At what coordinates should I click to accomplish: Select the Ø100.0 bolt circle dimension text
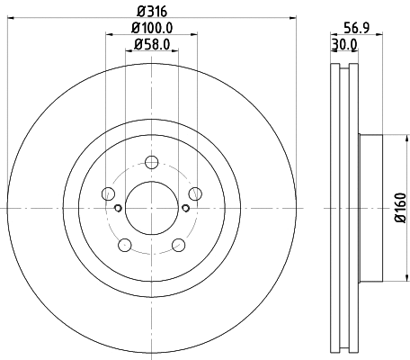pos(151,28)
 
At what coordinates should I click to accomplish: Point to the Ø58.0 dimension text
pos(151,44)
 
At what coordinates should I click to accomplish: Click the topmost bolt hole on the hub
pos(151,162)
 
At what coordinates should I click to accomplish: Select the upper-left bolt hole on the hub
pos(109,193)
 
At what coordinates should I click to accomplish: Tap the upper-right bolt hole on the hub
pos(193,193)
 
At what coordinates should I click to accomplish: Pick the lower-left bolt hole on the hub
pos(125,243)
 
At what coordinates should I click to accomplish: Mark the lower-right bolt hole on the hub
pos(177,243)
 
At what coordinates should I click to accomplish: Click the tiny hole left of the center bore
pos(119,208)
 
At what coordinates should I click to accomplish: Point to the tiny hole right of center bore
pos(184,208)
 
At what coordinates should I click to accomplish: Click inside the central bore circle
pos(151,208)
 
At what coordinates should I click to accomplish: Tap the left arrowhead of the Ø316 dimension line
pos(11,19)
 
